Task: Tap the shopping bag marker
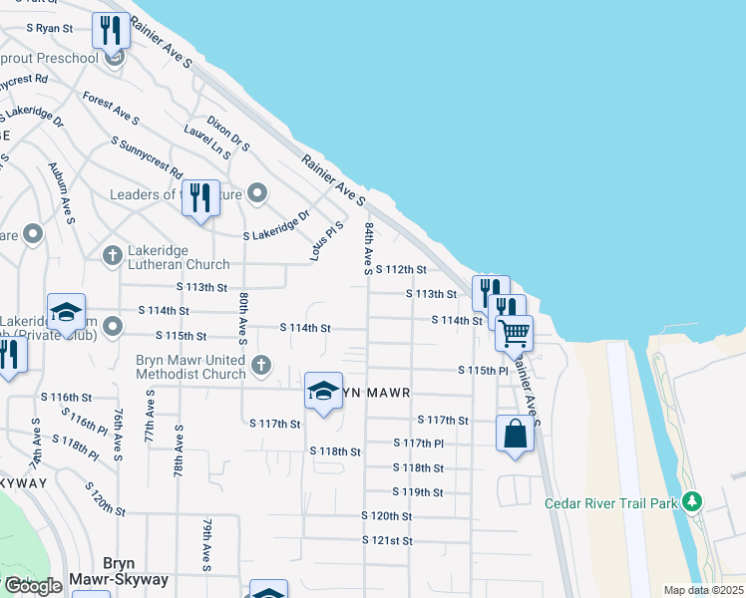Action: [515, 434]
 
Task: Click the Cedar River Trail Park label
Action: [611, 503]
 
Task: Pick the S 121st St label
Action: [387, 540]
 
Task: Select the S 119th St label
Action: [417, 492]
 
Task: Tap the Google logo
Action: [33, 586]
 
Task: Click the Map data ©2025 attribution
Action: [703, 590]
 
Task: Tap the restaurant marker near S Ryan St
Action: [111, 31]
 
